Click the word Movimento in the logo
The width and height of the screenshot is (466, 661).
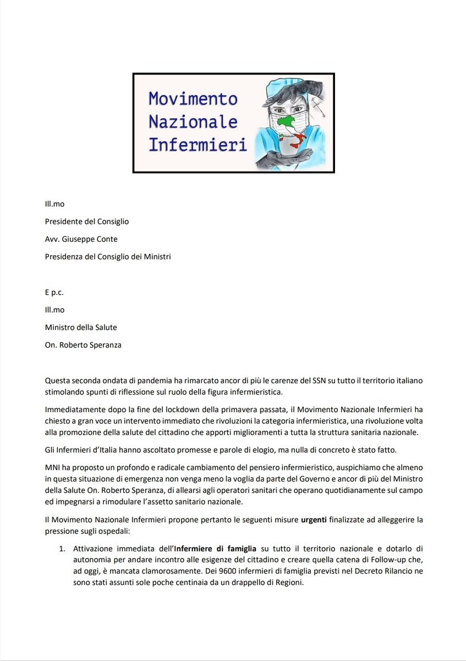click(193, 99)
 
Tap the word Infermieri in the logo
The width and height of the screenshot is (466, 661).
click(198, 145)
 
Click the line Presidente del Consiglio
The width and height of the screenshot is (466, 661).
click(87, 221)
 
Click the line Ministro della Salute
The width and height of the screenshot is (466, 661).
click(81, 327)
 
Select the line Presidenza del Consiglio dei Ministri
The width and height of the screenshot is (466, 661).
click(108, 256)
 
